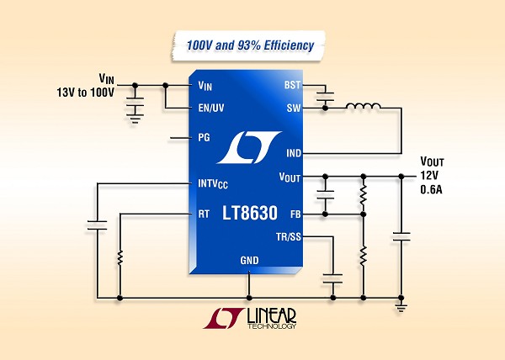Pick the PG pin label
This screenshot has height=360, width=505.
203,137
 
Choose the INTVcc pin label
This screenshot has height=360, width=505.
214,183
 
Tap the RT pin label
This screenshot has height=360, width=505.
203,214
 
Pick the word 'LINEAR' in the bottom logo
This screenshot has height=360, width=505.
275,314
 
